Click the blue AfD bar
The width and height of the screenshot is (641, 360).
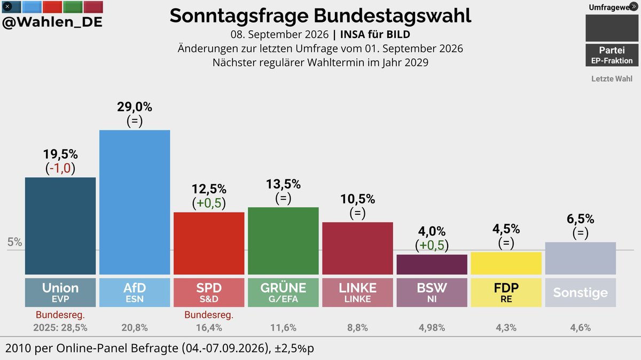click(x=135, y=202)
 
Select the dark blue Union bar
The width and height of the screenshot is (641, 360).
click(x=60, y=226)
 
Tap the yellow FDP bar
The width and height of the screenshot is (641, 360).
click(x=506, y=263)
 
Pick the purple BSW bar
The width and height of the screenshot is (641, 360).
click(x=432, y=265)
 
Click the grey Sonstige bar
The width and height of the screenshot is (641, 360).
click(x=580, y=259)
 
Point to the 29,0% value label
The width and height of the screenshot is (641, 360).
click(x=135, y=107)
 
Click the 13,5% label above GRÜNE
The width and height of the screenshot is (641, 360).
click(x=283, y=184)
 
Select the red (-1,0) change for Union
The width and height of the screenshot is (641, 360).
click(x=60, y=168)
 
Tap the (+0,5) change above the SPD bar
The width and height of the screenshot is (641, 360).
click(x=209, y=203)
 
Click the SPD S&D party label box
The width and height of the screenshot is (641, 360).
click(x=209, y=293)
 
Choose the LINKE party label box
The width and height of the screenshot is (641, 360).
click(x=357, y=293)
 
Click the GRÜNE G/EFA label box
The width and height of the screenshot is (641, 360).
click(x=283, y=293)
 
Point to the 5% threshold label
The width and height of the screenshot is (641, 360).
click(x=14, y=242)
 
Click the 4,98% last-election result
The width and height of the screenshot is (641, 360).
click(x=432, y=327)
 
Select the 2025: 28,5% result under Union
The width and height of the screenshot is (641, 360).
click(x=60, y=327)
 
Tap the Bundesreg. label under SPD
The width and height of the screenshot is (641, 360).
click(x=209, y=315)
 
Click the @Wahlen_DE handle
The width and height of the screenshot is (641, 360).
click(x=52, y=22)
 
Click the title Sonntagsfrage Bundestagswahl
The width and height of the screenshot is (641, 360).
click(x=320, y=15)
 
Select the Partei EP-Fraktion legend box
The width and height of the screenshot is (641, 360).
click(x=612, y=55)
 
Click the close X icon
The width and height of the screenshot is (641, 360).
click(x=7, y=6)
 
